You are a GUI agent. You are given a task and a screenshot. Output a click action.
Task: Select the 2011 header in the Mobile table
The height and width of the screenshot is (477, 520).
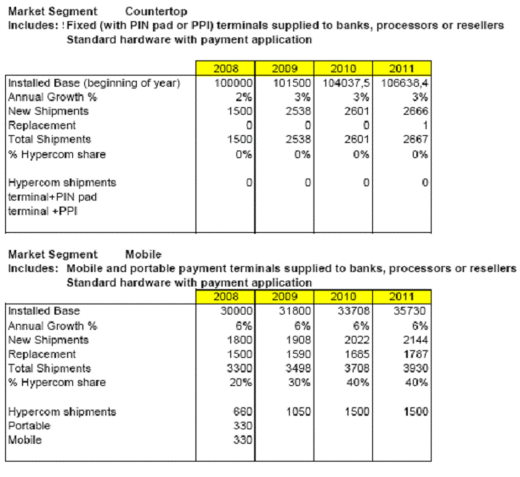[402, 297]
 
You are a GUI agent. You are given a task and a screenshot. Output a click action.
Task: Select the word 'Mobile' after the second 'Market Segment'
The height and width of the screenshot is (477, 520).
[143, 254]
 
